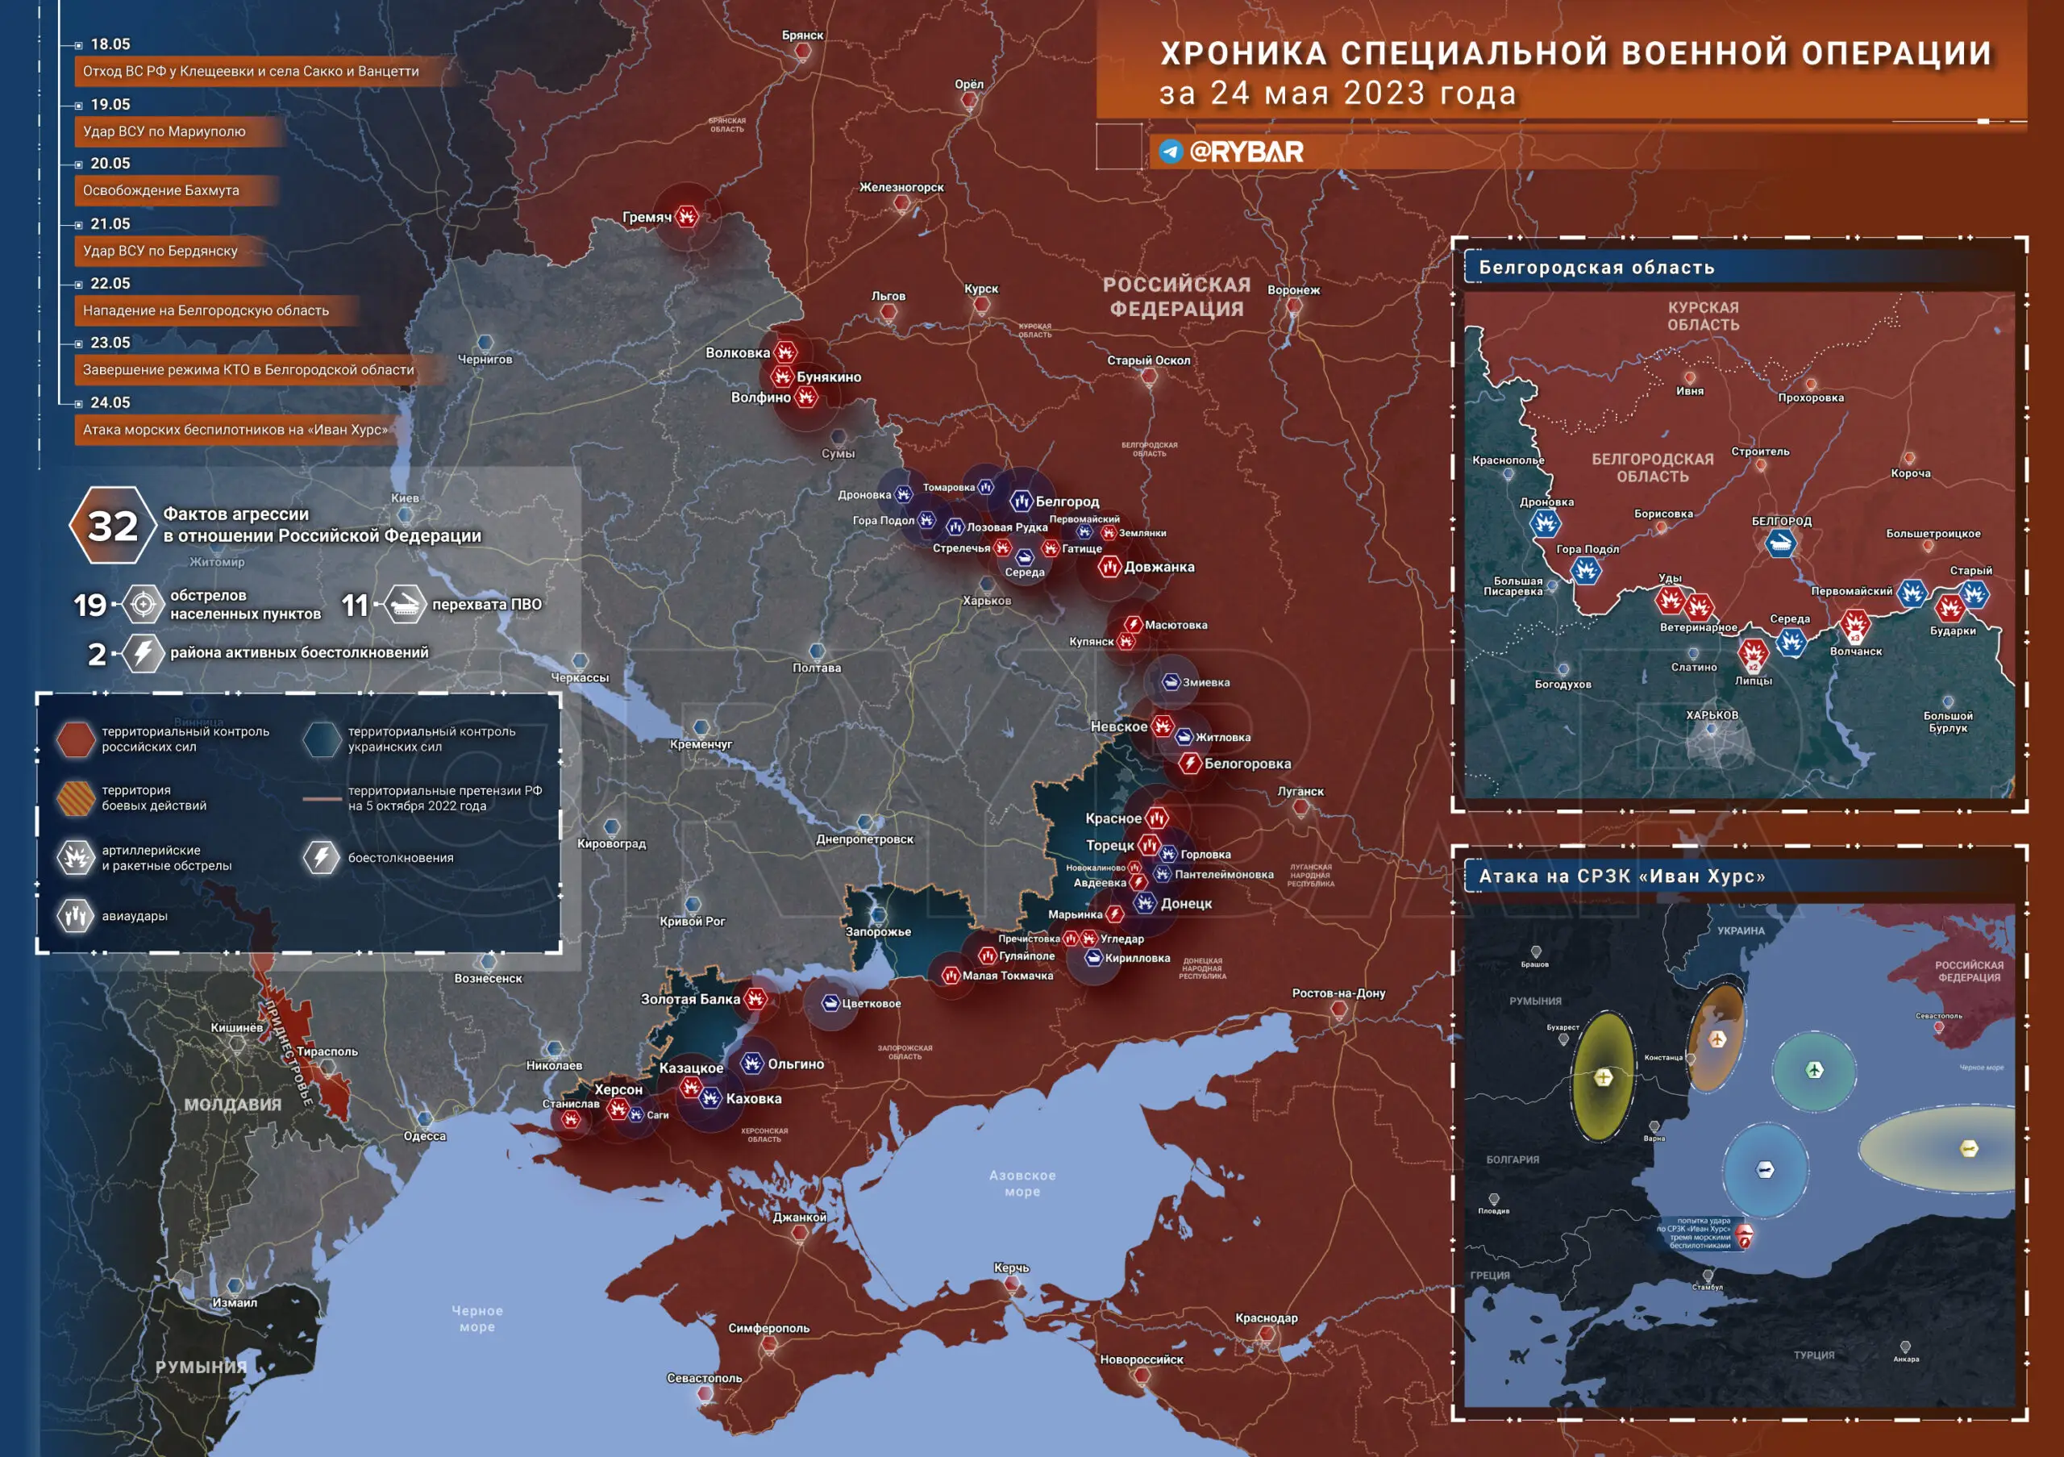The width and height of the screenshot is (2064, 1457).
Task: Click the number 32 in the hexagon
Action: tap(112, 527)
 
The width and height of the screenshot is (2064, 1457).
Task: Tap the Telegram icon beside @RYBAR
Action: tap(1170, 151)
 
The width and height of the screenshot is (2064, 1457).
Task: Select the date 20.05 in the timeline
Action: tap(110, 164)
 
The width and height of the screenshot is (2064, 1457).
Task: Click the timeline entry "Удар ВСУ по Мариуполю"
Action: tap(164, 131)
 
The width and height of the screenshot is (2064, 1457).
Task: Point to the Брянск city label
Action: tap(802, 35)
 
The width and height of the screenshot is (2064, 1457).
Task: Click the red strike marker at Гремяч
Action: tap(687, 216)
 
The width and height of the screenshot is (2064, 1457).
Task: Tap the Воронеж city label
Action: tap(1292, 290)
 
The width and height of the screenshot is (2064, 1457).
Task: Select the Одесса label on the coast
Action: tap(424, 1136)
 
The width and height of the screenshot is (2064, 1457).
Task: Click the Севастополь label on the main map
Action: tap(704, 1378)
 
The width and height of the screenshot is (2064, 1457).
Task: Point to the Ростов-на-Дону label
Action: tap(1338, 993)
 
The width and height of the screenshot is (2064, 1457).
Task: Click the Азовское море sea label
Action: tap(1022, 1183)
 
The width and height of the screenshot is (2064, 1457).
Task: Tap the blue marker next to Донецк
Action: tap(1144, 903)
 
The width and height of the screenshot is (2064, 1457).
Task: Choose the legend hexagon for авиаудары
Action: tap(76, 916)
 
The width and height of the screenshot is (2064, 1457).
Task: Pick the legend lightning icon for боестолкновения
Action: tap(321, 857)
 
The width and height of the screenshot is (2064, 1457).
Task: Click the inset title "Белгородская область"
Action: tap(1596, 267)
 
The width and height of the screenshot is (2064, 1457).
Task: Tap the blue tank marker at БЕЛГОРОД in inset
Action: tap(1780, 542)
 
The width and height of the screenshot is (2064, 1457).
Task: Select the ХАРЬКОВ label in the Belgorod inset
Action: tap(1712, 715)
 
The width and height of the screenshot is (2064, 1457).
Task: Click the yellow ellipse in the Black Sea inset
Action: tap(1603, 1076)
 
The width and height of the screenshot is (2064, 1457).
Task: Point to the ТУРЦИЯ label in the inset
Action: tap(1814, 1355)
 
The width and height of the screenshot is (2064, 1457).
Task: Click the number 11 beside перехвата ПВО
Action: tap(355, 605)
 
